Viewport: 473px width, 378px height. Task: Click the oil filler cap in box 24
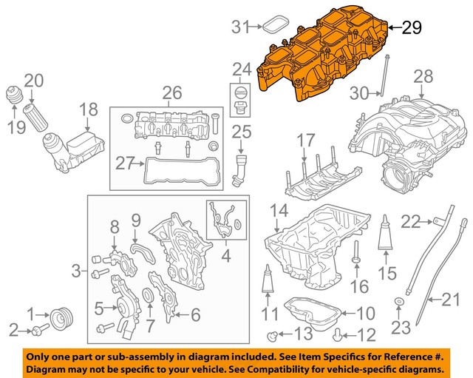239,98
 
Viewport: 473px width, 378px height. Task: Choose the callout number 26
171,93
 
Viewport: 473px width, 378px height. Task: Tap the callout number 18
88,110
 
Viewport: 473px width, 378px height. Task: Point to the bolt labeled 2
41,325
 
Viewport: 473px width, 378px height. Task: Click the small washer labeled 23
399,301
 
